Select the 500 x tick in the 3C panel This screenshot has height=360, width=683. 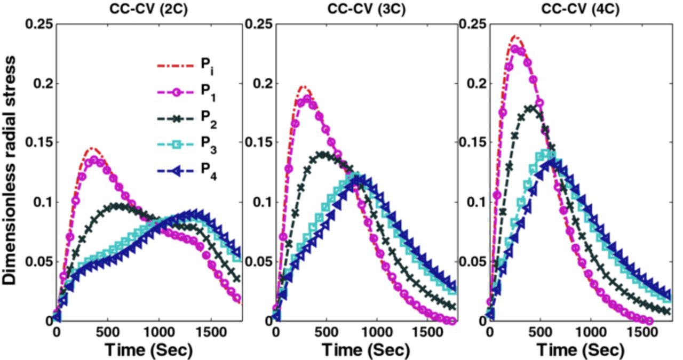tap(326, 331)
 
